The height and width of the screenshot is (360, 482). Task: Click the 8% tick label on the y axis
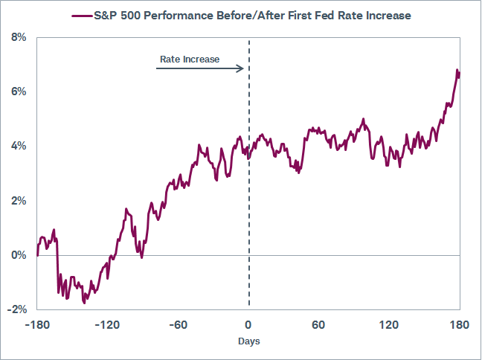pyautogui.click(x=18, y=37)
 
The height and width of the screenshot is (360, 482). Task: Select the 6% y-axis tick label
pyautogui.click(x=18, y=91)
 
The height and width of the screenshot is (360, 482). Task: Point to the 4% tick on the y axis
pyautogui.click(x=18, y=146)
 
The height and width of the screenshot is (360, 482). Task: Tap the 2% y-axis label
pyautogui.click(x=18, y=201)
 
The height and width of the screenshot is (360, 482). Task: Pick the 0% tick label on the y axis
pyautogui.click(x=18, y=255)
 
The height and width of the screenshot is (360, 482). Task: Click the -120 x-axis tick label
pyautogui.click(x=107, y=325)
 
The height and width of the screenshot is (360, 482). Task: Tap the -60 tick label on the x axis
pyautogui.click(x=178, y=325)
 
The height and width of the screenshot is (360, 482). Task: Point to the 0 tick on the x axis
pyautogui.click(x=248, y=325)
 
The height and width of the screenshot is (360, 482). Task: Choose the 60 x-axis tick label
pyautogui.click(x=318, y=325)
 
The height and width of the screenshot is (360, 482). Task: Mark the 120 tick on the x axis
pyautogui.click(x=389, y=325)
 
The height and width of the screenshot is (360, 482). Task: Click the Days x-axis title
pyautogui.click(x=248, y=341)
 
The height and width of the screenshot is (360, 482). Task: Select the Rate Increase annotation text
pyautogui.click(x=190, y=59)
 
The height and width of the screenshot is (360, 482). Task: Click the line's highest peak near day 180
pyautogui.click(x=457, y=70)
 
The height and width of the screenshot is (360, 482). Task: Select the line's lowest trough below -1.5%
pyautogui.click(x=84, y=303)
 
